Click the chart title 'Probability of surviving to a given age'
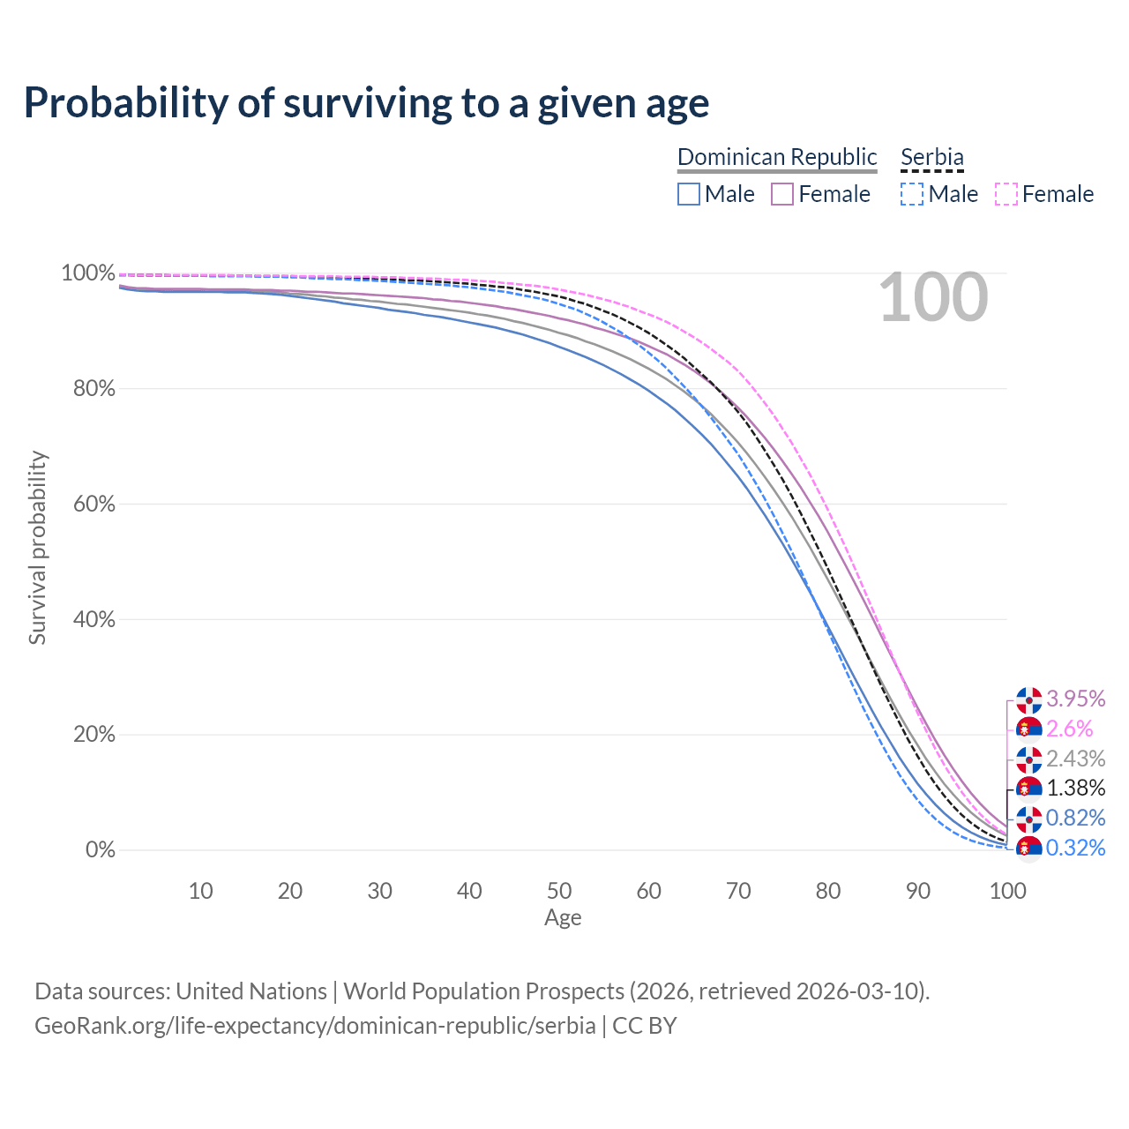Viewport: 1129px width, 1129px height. pos(366,104)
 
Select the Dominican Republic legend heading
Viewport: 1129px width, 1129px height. pos(776,157)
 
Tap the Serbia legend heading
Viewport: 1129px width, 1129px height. pos(931,157)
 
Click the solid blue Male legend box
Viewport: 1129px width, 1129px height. pos(688,194)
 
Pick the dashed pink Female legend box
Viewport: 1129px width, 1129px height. pos(1006,194)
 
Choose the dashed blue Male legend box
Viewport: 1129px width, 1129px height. pos(912,194)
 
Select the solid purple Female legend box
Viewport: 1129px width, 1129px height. pos(781,194)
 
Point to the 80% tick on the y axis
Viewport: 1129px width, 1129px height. pos(93,388)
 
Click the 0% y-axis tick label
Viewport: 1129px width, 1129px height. pos(101,849)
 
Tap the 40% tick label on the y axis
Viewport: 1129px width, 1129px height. pos(93,618)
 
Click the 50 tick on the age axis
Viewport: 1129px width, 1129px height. pos(559,891)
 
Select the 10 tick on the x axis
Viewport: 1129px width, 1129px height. pos(200,891)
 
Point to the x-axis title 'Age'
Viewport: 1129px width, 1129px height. pos(563,917)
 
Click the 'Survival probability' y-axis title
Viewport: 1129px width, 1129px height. pos(38,548)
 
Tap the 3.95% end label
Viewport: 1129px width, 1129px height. pos(1075,699)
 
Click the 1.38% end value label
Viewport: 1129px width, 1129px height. pos(1075,788)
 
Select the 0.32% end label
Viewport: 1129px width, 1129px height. pos(1075,848)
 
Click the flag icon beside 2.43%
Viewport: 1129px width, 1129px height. pos(1028,760)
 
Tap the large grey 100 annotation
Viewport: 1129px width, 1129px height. pos(933,297)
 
